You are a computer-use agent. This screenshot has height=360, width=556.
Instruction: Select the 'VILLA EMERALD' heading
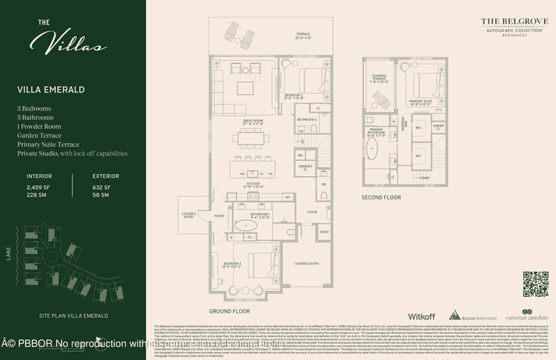click(x=50, y=90)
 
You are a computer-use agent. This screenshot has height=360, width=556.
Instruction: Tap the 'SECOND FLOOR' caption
click(x=381, y=198)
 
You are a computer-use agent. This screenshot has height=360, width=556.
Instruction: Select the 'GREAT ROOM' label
click(x=254, y=120)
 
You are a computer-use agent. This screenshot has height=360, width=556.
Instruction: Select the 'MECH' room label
click(x=324, y=231)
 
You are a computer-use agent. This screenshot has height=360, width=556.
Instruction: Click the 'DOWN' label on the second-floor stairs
click(x=424, y=178)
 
